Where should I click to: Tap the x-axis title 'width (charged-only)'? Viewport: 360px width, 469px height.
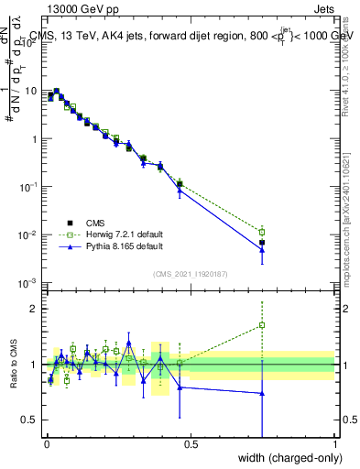284,458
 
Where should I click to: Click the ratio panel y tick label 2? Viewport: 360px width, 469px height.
34,309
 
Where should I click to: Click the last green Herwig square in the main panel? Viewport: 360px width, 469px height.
262,232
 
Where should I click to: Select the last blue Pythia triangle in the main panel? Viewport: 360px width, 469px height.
262,248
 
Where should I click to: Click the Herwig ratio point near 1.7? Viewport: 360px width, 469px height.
262,325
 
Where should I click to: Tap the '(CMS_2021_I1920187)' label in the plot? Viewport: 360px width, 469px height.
190,274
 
